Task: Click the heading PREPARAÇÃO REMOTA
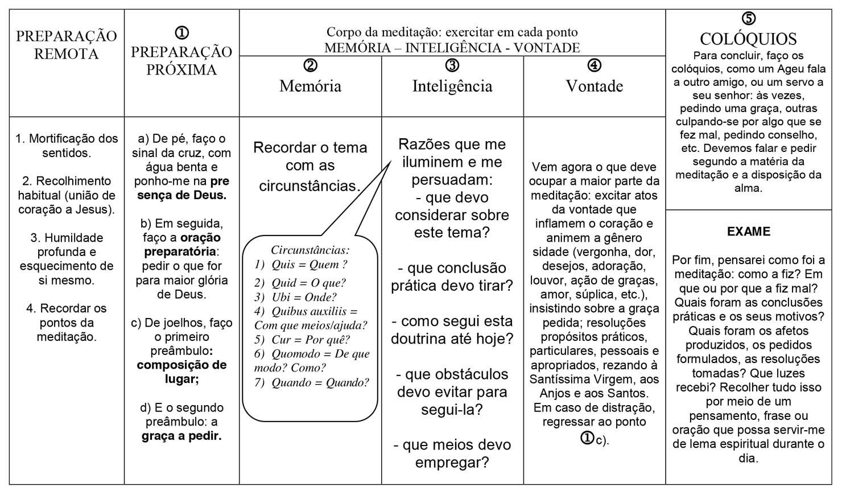click(66, 45)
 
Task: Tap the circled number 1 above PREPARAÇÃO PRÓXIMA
click(182, 33)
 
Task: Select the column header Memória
click(310, 86)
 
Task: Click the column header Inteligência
click(452, 86)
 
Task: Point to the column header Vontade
click(594, 86)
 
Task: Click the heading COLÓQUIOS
click(748, 39)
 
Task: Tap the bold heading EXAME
click(748, 232)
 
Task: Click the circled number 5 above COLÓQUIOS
click(749, 19)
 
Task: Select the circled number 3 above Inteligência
click(452, 65)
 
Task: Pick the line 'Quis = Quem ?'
click(301, 265)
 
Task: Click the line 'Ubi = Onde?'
click(296, 297)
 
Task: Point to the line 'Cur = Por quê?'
click(302, 340)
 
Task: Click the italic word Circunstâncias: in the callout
click(310, 250)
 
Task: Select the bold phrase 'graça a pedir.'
click(181, 436)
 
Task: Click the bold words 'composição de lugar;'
click(181, 372)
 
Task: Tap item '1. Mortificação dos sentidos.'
click(67, 146)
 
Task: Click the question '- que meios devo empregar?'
click(452, 453)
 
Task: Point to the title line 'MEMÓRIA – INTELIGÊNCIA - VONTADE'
click(452, 48)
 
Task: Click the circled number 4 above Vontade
click(594, 65)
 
